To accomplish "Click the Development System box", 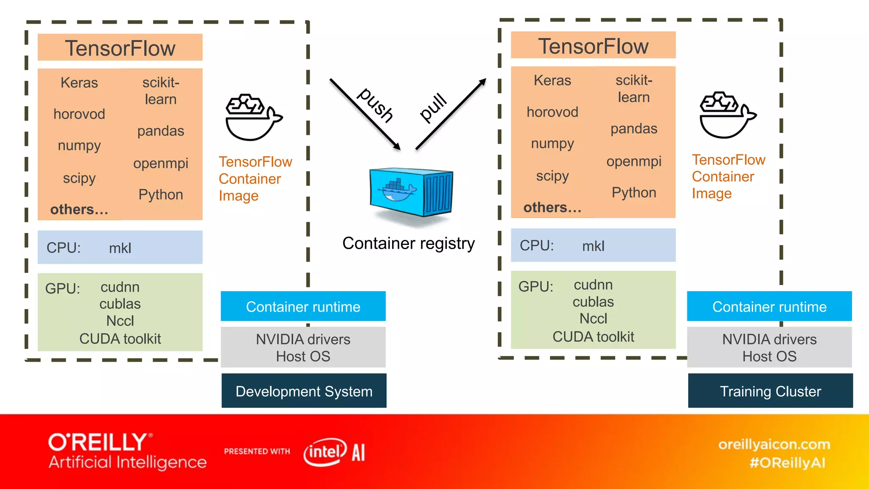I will tap(304, 391).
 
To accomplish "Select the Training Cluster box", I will tap(770, 391).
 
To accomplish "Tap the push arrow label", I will tap(376, 105).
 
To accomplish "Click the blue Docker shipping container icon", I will tap(411, 192).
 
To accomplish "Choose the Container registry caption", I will tap(408, 243).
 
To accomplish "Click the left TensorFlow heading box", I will tap(120, 48).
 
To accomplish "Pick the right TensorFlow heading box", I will tap(593, 45).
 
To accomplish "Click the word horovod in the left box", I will tap(79, 114).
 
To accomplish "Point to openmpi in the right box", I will tap(634, 161).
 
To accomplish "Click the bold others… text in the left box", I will tap(79, 209).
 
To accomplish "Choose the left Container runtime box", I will tap(303, 306).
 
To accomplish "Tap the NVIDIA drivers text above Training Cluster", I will tap(769, 339).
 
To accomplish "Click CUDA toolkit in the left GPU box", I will tap(120, 339).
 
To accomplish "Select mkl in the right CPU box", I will tap(593, 246).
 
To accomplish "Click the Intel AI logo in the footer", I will tap(334, 452).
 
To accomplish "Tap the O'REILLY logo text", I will tap(98, 442).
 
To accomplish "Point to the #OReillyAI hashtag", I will tap(787, 463).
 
